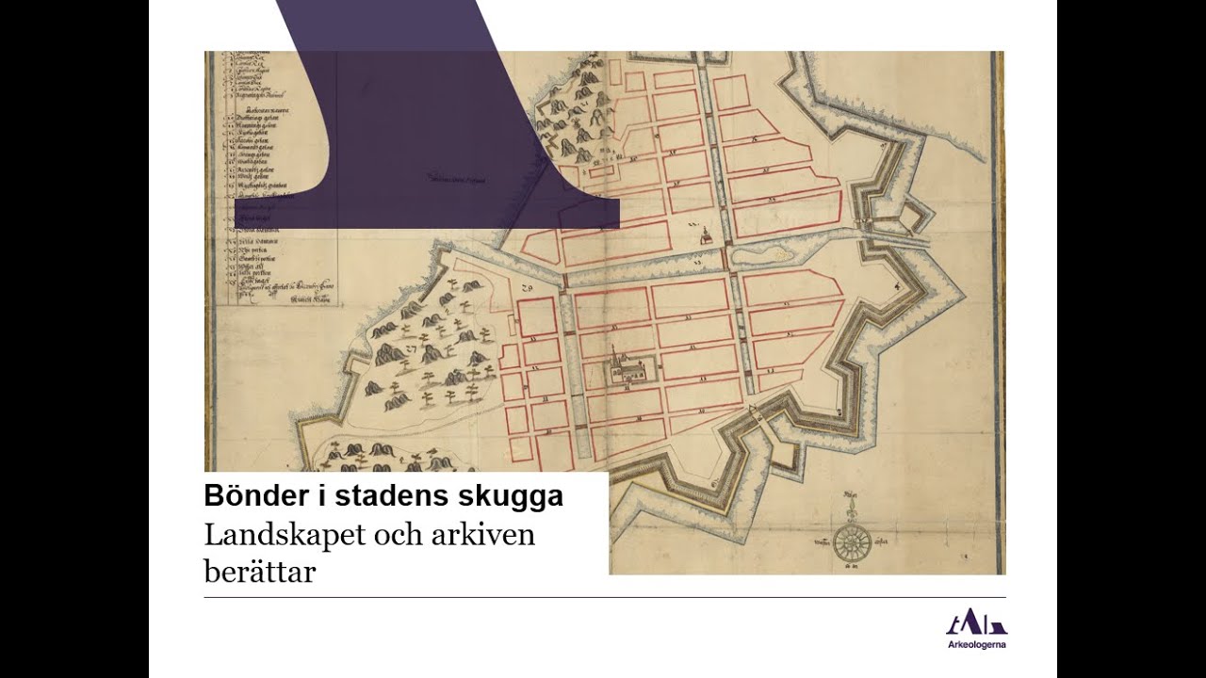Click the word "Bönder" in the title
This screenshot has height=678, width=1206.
click(247, 495)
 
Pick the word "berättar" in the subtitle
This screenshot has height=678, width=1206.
click(259, 571)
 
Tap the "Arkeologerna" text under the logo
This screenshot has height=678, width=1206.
click(976, 645)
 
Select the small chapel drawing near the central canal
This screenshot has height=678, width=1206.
click(703, 235)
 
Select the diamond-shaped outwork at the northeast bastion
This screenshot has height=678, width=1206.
click(909, 218)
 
